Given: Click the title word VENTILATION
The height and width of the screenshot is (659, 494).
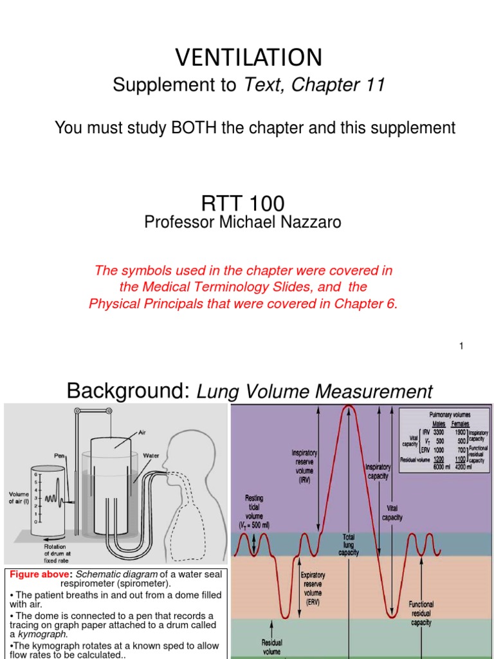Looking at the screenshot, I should tap(248, 58).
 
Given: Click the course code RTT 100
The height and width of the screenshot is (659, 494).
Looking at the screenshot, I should tap(242, 203).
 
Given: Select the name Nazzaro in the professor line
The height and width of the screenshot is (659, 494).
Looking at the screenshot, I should tap(311, 222).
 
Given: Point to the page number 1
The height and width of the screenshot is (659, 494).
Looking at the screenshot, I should tap(461, 346).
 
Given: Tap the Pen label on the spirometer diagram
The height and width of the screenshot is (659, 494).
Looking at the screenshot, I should tap(60, 454).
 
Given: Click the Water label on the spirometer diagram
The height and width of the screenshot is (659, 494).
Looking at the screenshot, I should tap(151, 456).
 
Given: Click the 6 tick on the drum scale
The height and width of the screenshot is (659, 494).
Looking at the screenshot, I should tap(36, 474).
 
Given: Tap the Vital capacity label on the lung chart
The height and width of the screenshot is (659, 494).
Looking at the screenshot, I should tap(392, 512).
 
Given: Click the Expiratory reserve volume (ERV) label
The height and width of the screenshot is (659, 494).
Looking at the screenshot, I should tap(313, 583).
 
